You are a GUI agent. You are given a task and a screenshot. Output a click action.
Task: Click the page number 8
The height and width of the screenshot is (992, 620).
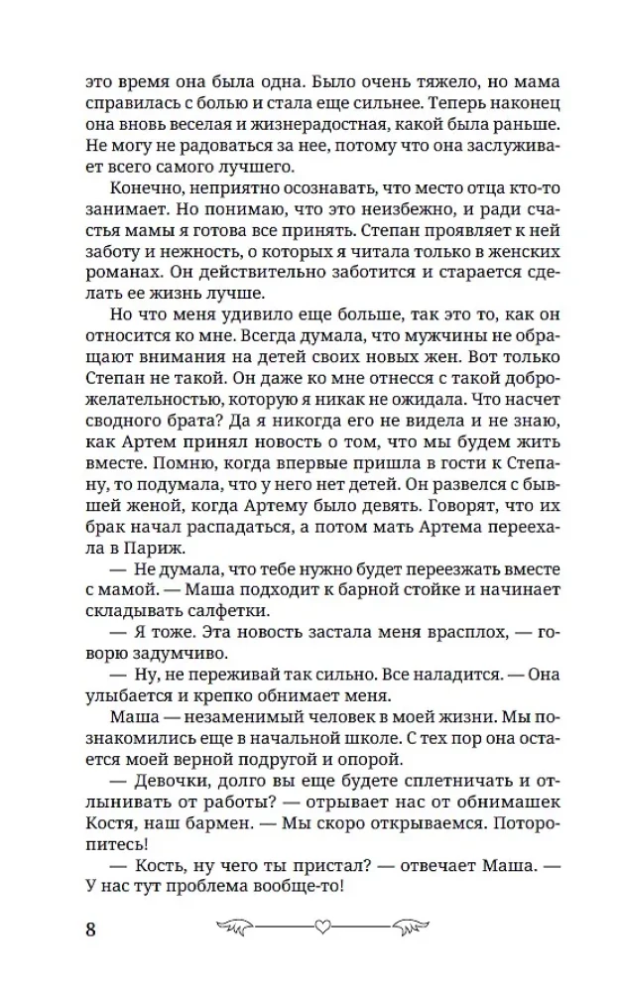(91, 930)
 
